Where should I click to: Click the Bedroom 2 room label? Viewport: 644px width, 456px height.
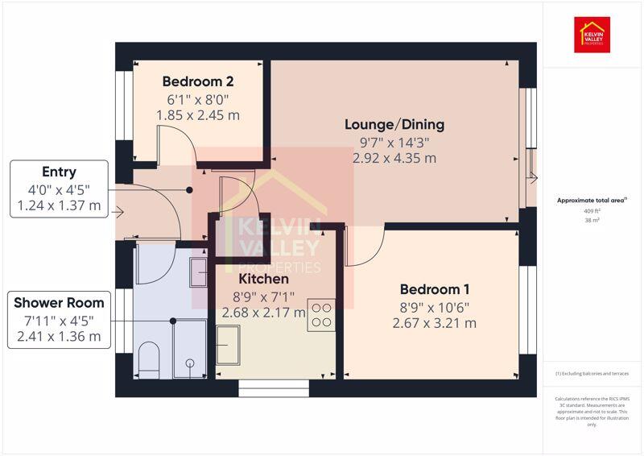tap(198, 81)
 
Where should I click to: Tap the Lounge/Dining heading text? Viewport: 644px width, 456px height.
tap(394, 125)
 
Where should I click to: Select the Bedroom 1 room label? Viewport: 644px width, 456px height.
tap(434, 289)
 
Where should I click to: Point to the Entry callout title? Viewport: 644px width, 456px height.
tap(59, 172)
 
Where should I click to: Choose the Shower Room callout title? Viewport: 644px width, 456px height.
tap(59, 303)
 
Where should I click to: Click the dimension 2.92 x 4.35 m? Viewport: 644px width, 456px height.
tap(394, 159)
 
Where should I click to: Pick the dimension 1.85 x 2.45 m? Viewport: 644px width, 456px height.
tap(198, 115)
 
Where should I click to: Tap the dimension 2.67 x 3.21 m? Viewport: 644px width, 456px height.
tap(434, 323)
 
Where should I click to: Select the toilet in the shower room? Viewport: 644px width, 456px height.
tap(150, 359)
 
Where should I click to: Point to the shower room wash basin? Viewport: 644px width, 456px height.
tap(199, 272)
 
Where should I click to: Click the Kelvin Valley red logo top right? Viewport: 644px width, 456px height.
tap(592, 35)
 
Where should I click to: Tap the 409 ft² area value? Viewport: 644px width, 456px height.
tap(592, 210)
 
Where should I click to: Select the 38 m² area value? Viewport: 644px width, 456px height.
tap(592, 219)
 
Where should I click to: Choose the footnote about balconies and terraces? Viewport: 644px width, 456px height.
tap(592, 374)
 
